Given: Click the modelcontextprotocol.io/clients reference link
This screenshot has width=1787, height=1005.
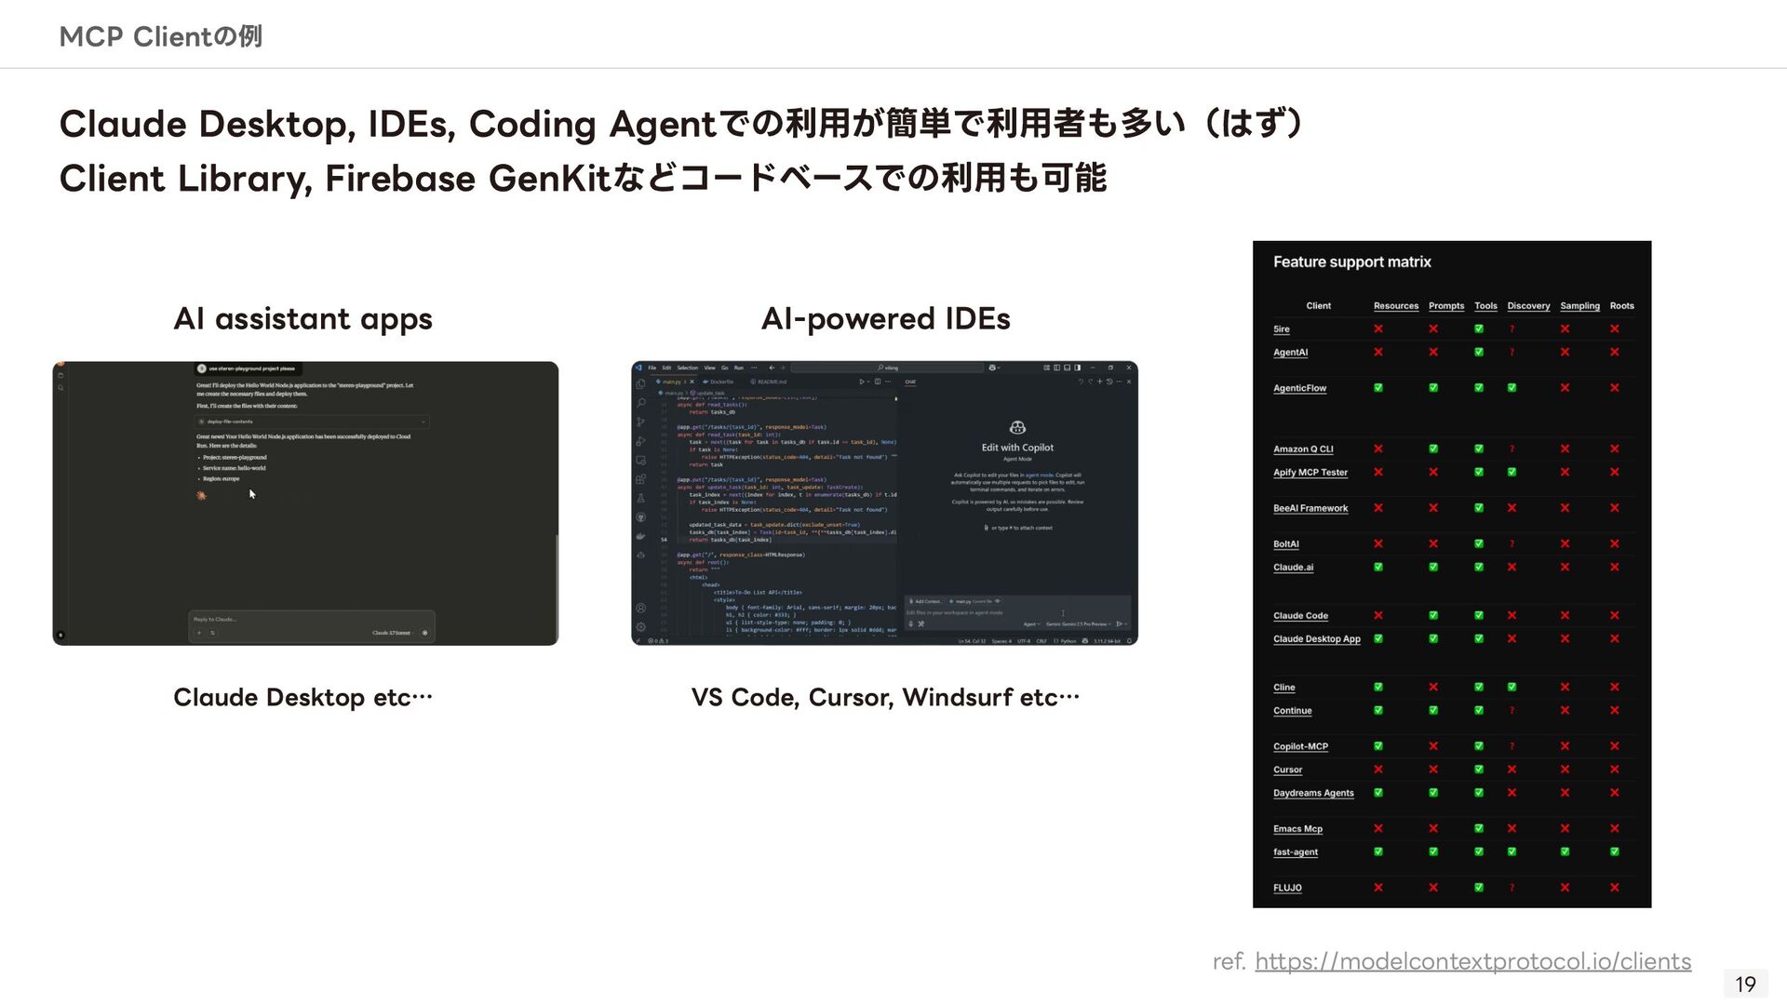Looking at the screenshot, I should pyautogui.click(x=1472, y=961).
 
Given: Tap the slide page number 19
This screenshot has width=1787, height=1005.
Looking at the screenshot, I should pyautogui.click(x=1745, y=984).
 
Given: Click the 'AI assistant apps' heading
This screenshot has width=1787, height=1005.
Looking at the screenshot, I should pyautogui.click(x=302, y=319).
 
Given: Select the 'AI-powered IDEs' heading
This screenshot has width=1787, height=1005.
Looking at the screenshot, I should pyautogui.click(x=885, y=319).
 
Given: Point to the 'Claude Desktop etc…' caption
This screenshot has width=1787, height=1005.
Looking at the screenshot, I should pyautogui.click(x=302, y=698).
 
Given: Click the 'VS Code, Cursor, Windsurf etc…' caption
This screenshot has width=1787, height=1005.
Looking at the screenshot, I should pyautogui.click(x=885, y=698).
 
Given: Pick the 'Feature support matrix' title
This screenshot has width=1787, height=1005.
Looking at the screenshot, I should pyautogui.click(x=1351, y=262).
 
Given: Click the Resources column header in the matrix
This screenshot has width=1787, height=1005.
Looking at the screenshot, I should pyautogui.click(x=1395, y=306).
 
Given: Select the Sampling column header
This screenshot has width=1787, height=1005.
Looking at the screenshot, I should pyautogui.click(x=1579, y=306).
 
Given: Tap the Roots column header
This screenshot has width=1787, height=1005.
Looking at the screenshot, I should pyautogui.click(x=1621, y=306).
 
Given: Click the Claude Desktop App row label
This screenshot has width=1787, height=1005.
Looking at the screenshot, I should pyautogui.click(x=1316, y=639).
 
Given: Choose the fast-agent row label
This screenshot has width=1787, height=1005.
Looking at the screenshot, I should pyautogui.click(x=1295, y=852).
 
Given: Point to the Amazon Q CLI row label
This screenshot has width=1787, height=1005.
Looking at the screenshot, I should pyautogui.click(x=1302, y=449).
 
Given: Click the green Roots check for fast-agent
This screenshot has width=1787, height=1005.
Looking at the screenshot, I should pyautogui.click(x=1615, y=851).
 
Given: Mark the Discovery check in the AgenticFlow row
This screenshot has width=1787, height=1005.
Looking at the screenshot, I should pyautogui.click(x=1512, y=388).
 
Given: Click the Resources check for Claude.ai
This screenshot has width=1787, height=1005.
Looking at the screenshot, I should pyautogui.click(x=1378, y=567).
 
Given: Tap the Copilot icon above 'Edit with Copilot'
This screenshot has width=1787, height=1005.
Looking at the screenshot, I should pyautogui.click(x=1017, y=427).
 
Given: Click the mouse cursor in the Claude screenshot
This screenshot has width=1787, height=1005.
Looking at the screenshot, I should pyautogui.click(x=251, y=494).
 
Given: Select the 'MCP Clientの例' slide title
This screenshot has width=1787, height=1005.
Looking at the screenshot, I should pyautogui.click(x=160, y=37).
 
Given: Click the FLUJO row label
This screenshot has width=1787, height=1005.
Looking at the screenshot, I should pyautogui.click(x=1287, y=888).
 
